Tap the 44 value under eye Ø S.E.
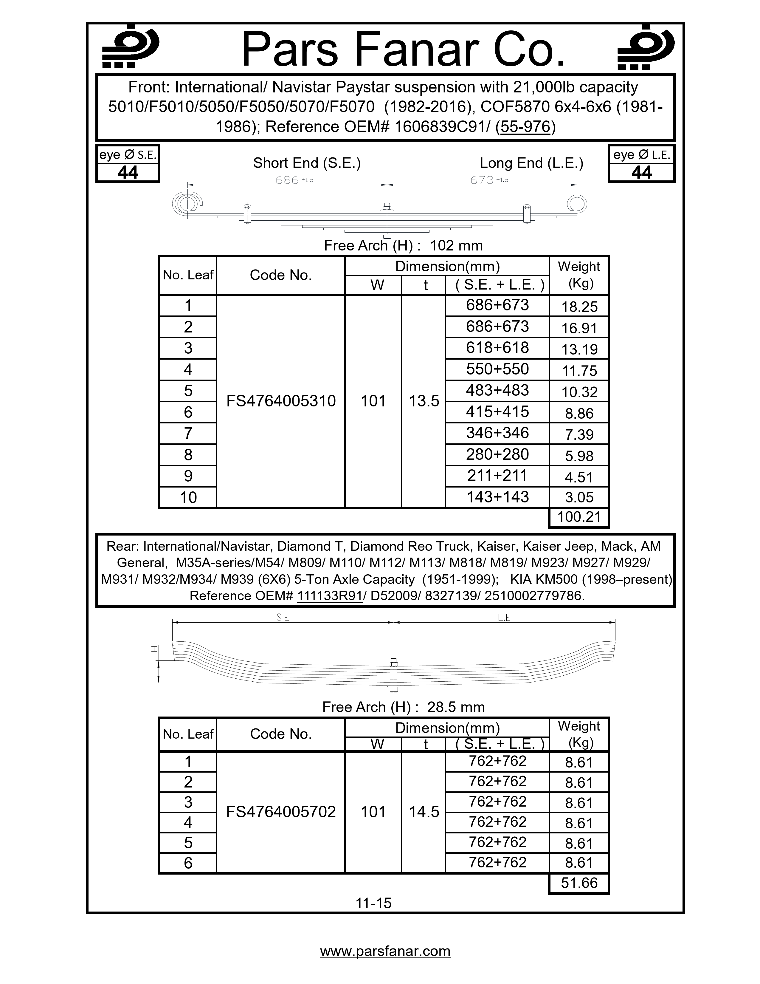[x=128, y=173]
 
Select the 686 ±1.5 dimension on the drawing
[x=294, y=180]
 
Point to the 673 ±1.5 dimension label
[x=489, y=180]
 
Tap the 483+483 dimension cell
[x=497, y=390]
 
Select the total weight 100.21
[x=579, y=517]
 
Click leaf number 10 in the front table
[x=188, y=497]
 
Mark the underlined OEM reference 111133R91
[x=330, y=596]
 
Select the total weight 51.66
[x=579, y=883]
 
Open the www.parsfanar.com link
[x=385, y=951]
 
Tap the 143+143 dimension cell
[x=497, y=497]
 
